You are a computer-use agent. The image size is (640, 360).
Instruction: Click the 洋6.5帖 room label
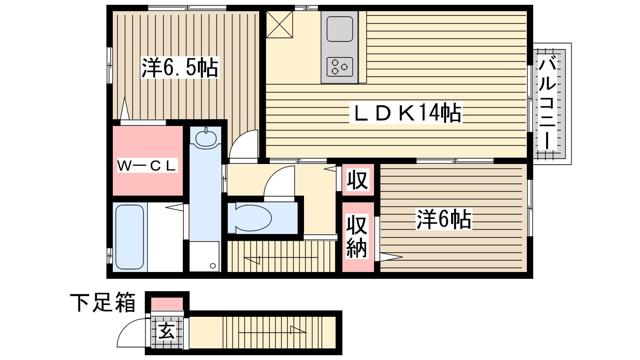tap(180, 68)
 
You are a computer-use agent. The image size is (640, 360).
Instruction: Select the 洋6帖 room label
tap(444, 219)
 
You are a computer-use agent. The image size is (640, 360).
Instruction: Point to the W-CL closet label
tap(147, 166)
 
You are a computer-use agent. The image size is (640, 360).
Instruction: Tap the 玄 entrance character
tap(166, 332)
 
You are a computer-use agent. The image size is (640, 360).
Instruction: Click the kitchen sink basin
tap(340, 29)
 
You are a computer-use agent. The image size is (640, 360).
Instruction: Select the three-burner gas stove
tap(340, 67)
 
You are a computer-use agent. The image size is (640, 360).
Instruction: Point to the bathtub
tap(130, 237)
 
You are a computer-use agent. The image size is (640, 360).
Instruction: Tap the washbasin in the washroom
tap(206, 138)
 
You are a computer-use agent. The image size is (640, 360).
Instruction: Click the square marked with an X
tap(280, 24)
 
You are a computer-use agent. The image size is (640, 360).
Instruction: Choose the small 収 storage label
tap(357, 180)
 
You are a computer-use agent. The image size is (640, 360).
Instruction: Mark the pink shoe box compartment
tap(167, 304)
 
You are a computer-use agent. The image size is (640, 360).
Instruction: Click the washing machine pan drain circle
tap(212, 266)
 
